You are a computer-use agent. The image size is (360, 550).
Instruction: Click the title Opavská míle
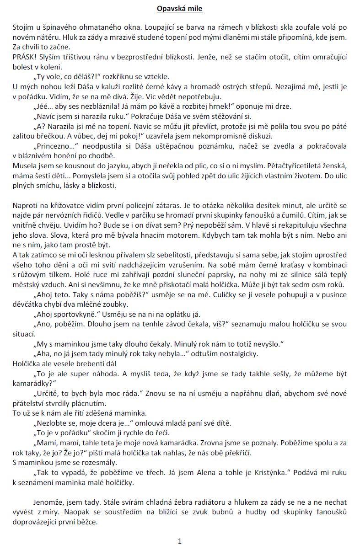[180, 9]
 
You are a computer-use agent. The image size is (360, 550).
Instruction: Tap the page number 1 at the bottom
[180, 541]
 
